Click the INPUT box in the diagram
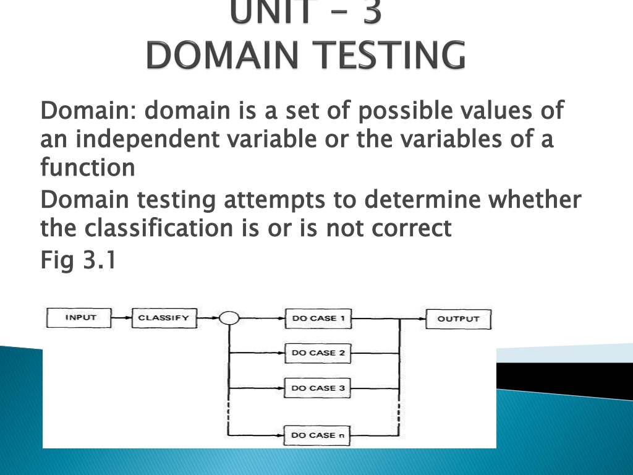(x=79, y=317)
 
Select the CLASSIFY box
(x=164, y=318)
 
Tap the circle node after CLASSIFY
(x=229, y=318)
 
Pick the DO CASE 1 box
(x=318, y=319)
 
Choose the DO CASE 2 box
(x=318, y=353)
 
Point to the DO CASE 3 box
(x=317, y=388)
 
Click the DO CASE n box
(x=317, y=435)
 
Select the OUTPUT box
(x=459, y=319)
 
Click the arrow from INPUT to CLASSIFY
(x=122, y=318)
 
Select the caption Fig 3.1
(x=79, y=259)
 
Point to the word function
(x=88, y=167)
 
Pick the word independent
(x=147, y=139)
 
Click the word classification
(x=159, y=228)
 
